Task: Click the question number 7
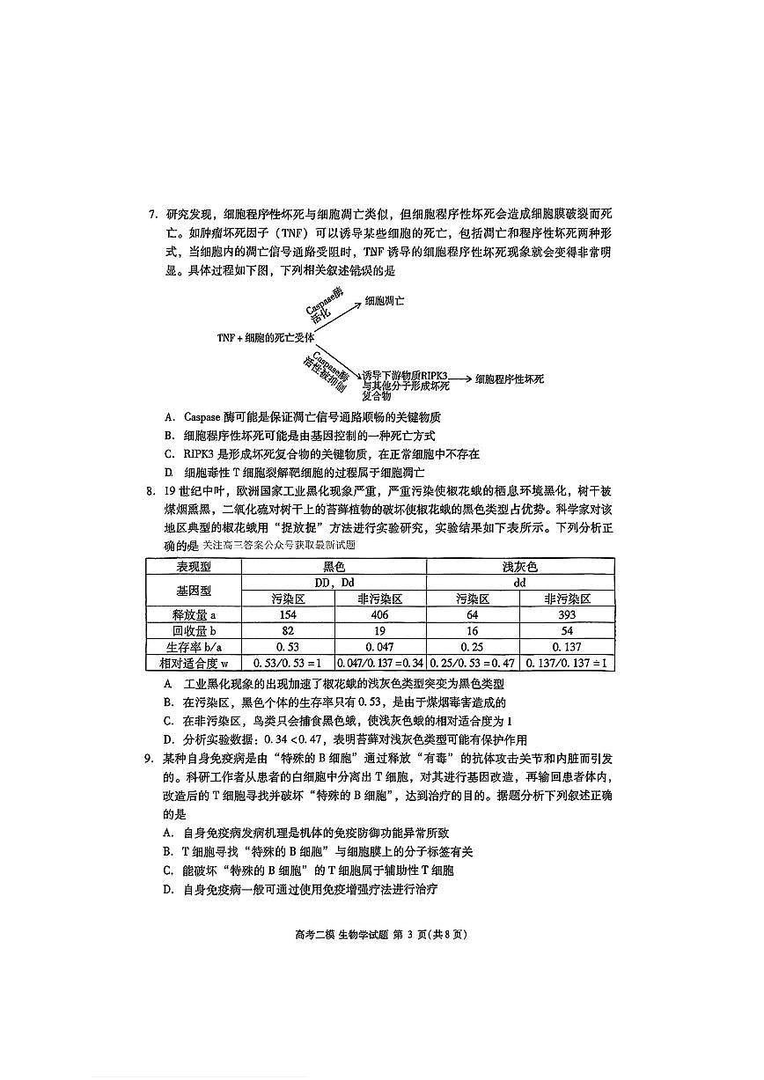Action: (x=151, y=214)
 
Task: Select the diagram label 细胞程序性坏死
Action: (x=510, y=379)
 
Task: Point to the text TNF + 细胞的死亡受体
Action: (x=266, y=338)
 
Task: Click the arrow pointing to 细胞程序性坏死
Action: (x=459, y=379)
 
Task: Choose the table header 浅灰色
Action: (x=519, y=567)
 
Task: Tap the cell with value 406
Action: (x=380, y=614)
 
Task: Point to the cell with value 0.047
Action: (x=380, y=647)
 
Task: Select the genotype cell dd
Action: (x=519, y=582)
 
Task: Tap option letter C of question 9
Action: (x=167, y=870)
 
